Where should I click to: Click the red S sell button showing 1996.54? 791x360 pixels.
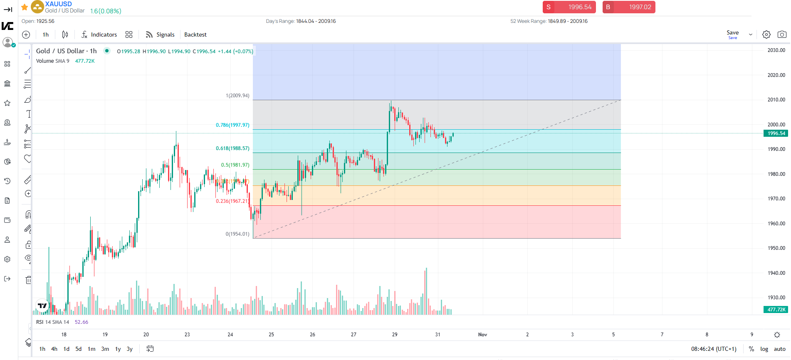(569, 7)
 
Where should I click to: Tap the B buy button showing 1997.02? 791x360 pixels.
(628, 7)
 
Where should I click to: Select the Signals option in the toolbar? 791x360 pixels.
(160, 35)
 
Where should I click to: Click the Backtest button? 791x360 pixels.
(195, 35)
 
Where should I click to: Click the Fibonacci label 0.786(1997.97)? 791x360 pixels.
(232, 125)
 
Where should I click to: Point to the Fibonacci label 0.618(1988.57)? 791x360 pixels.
(232, 148)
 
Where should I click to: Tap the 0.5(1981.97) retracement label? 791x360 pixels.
(235, 165)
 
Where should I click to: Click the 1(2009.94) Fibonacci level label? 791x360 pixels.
(237, 96)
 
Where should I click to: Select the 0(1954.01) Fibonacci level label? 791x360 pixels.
(237, 234)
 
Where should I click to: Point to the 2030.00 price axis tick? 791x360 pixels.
(776, 50)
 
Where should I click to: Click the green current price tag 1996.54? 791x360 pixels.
(776, 133)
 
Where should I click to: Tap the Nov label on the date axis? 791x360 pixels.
(482, 335)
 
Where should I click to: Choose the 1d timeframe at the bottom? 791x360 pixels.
(66, 349)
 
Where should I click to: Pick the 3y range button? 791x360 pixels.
(129, 349)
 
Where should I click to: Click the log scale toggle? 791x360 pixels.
(764, 349)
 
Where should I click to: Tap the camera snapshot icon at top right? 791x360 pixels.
(782, 35)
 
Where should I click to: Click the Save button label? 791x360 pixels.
(732, 33)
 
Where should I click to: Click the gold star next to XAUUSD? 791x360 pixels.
(25, 7)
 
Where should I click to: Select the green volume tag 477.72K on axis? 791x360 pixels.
(776, 310)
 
